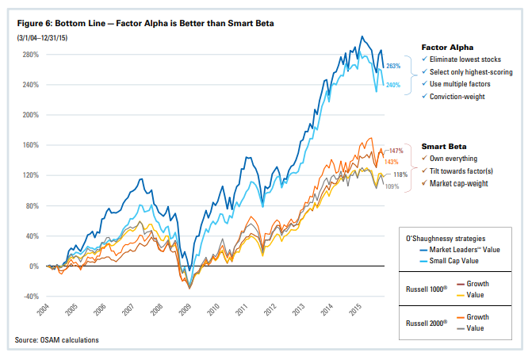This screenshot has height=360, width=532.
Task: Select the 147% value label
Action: (x=396, y=151)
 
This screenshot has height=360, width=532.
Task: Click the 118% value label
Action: (x=400, y=174)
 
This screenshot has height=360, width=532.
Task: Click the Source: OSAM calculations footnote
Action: (x=57, y=341)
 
